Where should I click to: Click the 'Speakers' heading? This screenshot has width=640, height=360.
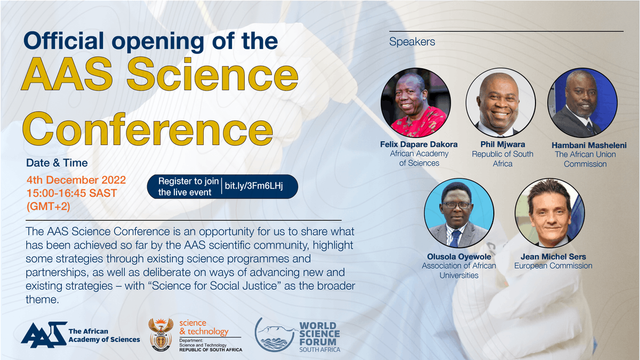tap(412, 42)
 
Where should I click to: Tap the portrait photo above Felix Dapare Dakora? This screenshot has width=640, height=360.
tap(415, 103)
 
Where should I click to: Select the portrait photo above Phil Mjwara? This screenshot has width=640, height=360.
tap(500, 103)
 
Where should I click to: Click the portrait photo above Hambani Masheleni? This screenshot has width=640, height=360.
tap(582, 103)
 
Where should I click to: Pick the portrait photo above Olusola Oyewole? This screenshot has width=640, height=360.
tap(459, 213)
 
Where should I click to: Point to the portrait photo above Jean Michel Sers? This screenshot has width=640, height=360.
tap(549, 213)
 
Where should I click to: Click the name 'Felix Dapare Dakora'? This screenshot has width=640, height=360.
tap(419, 145)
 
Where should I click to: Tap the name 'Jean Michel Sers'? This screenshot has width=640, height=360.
tap(553, 257)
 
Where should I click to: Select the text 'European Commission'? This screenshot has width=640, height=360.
tap(553, 266)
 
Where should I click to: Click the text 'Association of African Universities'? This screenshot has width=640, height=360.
tap(459, 270)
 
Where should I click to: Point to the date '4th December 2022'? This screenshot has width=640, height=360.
tap(76, 180)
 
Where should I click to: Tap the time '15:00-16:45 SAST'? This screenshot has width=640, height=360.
tap(71, 192)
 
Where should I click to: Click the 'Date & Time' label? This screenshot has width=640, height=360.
tap(57, 163)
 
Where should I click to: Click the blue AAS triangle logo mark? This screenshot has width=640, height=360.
tap(43, 334)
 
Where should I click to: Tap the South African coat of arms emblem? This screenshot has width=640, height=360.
tap(161, 334)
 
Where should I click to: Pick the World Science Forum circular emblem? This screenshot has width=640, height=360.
tap(275, 334)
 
